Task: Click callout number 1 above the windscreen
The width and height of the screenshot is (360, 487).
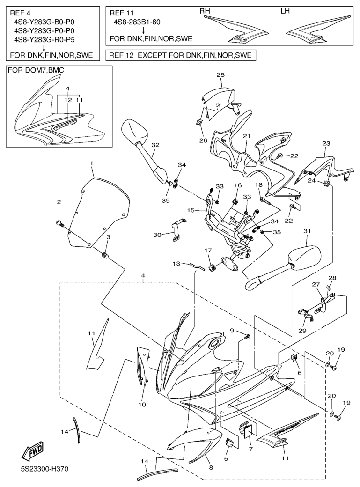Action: click(x=91, y=163)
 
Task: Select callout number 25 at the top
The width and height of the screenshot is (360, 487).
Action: click(x=220, y=75)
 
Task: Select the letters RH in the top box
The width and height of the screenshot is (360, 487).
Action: click(x=205, y=11)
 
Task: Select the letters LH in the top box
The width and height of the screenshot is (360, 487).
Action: click(x=285, y=11)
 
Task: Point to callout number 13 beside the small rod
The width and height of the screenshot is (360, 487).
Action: click(x=176, y=264)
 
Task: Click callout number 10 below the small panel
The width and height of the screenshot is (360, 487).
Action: click(x=142, y=404)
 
